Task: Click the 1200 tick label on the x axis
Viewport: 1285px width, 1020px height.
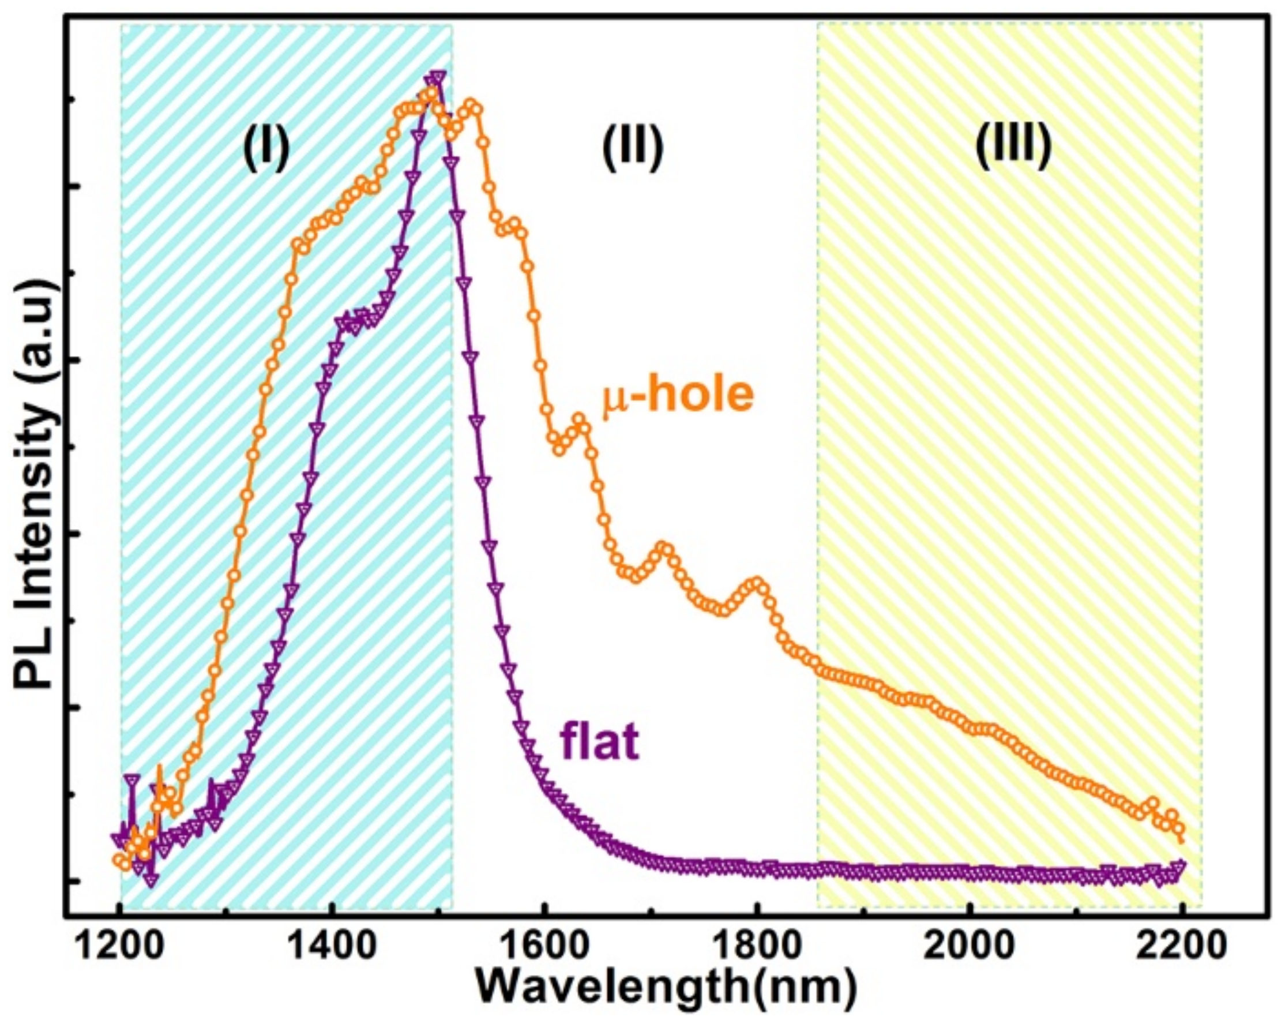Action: pyautogui.click(x=120, y=947)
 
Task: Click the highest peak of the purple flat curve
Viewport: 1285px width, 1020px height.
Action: pyautogui.click(x=438, y=77)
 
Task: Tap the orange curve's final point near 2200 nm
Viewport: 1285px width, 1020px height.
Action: pyautogui.click(x=1178, y=830)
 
